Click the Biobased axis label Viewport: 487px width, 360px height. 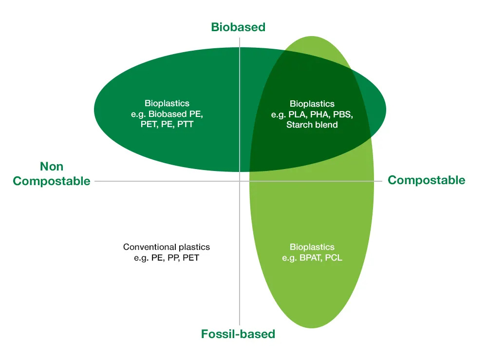238,27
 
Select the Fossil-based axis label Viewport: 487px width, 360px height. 238,334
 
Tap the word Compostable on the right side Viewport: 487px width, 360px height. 426,180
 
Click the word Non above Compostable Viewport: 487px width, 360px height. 52,167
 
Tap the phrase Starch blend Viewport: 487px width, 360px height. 312,125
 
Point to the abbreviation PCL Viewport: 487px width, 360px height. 333,258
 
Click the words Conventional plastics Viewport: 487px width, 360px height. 167,247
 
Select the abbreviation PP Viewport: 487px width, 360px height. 172,258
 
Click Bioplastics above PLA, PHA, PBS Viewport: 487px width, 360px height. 312,104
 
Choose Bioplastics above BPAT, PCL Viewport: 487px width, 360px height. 312,247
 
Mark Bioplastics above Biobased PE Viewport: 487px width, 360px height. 167,104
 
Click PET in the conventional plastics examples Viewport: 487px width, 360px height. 190,258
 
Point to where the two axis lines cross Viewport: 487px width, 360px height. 240,181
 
